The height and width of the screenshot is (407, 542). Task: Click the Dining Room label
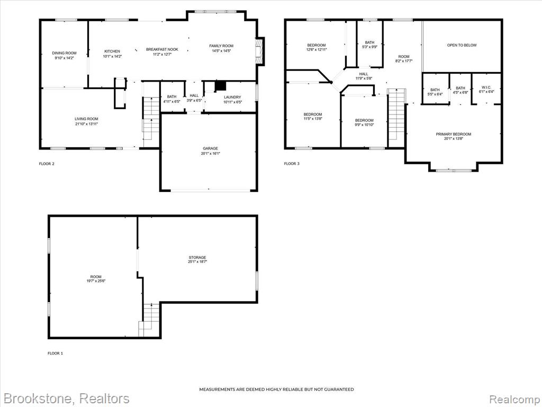tap(64, 53)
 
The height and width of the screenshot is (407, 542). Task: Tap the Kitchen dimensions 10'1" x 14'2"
tap(112, 56)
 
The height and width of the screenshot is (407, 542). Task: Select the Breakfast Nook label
tap(162, 49)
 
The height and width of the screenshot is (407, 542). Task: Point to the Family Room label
tap(221, 46)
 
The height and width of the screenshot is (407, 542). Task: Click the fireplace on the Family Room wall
tap(259, 51)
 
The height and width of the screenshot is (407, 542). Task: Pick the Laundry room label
tap(232, 98)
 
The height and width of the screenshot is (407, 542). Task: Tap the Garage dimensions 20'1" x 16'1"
tap(211, 153)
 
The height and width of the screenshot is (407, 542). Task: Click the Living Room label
tap(87, 119)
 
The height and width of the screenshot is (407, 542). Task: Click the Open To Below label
tap(462, 45)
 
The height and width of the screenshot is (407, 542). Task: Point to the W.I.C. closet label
tap(486, 87)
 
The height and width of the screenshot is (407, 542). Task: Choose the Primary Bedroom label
tap(453, 134)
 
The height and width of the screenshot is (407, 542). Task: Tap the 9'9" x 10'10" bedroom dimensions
tap(364, 125)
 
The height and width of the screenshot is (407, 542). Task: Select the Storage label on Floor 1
tap(197, 258)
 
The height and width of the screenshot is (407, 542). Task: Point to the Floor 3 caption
tap(292, 164)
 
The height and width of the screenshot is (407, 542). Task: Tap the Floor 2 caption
tap(47, 164)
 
